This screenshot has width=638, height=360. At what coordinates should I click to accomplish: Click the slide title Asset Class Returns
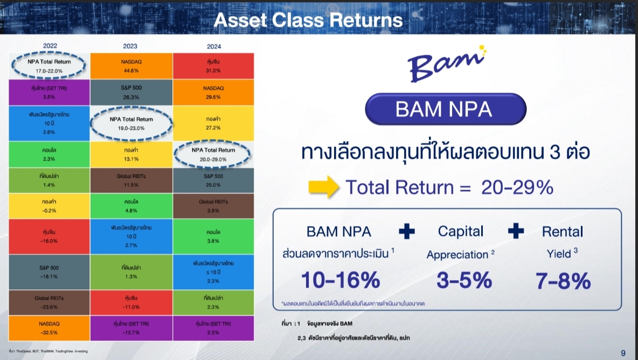(x=308, y=20)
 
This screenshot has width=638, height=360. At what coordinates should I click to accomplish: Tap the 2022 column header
(x=50, y=46)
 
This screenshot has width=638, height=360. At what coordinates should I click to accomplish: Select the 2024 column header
(x=213, y=46)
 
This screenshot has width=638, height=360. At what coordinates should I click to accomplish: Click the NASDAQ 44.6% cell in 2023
(x=131, y=66)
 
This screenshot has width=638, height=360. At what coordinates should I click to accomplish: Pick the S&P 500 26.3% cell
(x=131, y=92)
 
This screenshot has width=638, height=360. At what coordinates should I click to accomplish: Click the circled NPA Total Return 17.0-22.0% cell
(x=49, y=66)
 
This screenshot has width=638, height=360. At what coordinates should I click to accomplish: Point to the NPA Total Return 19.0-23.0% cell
(x=131, y=123)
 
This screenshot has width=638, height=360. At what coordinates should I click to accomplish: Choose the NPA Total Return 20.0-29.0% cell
(x=213, y=154)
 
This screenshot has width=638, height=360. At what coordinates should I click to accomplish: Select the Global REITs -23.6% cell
(x=49, y=302)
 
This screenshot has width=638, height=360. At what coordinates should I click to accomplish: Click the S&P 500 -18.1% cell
(x=49, y=272)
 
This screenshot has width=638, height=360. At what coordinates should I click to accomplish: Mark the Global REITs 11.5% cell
(x=131, y=180)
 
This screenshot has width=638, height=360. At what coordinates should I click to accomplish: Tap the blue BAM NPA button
(x=445, y=109)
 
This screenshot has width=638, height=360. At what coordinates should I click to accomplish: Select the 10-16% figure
(x=340, y=280)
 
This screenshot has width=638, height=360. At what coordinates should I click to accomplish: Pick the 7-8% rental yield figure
(x=563, y=280)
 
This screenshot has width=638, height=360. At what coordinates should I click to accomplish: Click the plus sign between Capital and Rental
(x=516, y=231)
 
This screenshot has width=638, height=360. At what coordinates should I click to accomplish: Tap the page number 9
(x=623, y=353)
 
